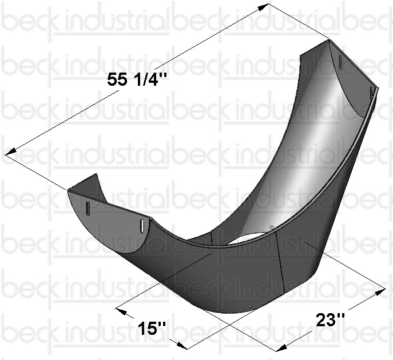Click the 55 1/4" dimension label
point(137,79)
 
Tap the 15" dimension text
point(152,328)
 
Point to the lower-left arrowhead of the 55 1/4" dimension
point(11,152)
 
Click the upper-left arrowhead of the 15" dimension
point(121,311)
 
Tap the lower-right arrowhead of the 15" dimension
point(181,346)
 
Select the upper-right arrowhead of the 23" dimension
point(379,291)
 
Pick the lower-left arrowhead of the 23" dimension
point(282,347)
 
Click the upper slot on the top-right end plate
point(340,61)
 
